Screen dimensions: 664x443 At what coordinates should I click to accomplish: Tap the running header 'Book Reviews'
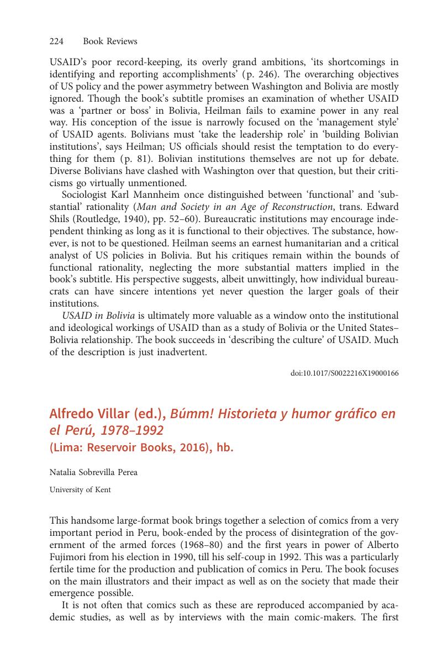(110, 41)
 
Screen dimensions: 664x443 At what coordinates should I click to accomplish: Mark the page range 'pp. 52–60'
(170, 219)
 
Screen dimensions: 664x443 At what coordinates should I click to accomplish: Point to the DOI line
(344, 373)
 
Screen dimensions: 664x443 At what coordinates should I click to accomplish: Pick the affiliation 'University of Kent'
(80, 489)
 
